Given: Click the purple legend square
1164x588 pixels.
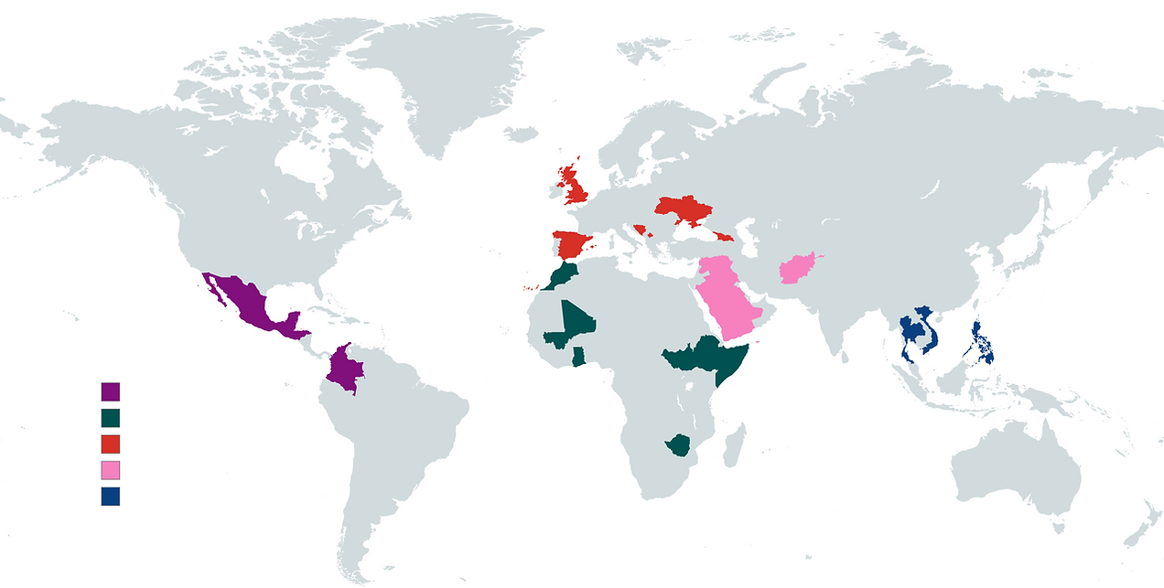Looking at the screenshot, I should [111, 391].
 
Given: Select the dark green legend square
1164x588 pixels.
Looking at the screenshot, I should [111, 418].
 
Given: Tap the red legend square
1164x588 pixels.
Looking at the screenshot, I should [111, 444].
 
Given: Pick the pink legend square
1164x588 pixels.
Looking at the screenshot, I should [111, 470].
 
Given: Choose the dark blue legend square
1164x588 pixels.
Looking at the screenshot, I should [111, 497].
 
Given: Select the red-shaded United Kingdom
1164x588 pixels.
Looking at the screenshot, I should [577, 187].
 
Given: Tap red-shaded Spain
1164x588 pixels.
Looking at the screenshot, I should [569, 245].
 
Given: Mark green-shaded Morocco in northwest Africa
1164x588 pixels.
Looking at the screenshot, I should [560, 275].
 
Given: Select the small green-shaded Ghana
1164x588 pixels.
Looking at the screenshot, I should [578, 357].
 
